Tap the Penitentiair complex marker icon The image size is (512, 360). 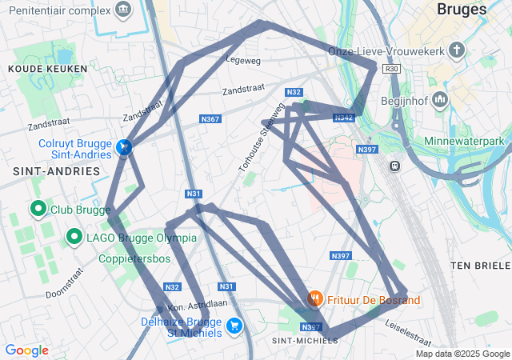click(122, 10)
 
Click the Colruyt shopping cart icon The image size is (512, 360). click(124, 147)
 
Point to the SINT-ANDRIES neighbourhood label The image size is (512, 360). click(57, 171)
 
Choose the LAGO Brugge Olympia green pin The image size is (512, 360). click(74, 237)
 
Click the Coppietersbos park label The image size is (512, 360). click(134, 259)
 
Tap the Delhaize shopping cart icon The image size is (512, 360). click(234, 325)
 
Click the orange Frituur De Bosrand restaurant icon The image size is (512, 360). click(315, 299)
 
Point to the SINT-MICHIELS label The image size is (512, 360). click(305, 341)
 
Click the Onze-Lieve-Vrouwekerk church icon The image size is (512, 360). click(457, 51)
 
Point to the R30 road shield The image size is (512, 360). click(391, 69)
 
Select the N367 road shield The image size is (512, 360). click(210, 119)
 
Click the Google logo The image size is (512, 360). click(26, 350)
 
